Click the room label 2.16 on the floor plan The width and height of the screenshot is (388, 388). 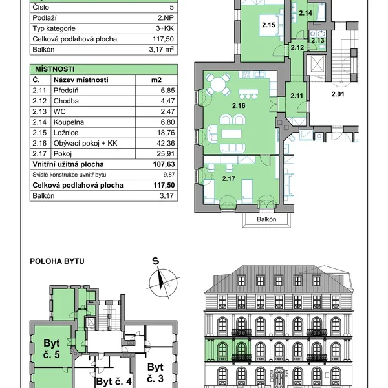pyautogui.click(x=239, y=106)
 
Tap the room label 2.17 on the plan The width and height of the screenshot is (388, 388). pyautogui.click(x=229, y=178)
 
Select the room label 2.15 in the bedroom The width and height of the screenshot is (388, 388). pyautogui.click(x=268, y=25)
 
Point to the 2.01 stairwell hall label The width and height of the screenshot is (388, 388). pyautogui.click(x=338, y=94)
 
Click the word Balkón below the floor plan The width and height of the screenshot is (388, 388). pyautogui.click(x=266, y=219)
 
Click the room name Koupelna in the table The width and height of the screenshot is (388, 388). pyautogui.click(x=69, y=122)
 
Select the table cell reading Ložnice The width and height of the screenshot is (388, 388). pyautogui.click(x=66, y=133)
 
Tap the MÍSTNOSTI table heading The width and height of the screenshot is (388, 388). pyautogui.click(x=55, y=69)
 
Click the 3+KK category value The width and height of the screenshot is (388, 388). pyautogui.click(x=165, y=28)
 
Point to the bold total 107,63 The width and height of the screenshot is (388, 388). pyautogui.click(x=164, y=164)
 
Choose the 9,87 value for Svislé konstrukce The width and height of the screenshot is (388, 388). pyautogui.click(x=169, y=175)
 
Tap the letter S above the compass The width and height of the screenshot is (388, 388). pyautogui.click(x=156, y=261)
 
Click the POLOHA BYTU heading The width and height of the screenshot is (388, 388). pyautogui.click(x=57, y=261)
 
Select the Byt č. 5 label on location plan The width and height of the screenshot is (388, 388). pyautogui.click(x=52, y=349)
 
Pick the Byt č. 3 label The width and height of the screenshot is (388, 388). pyautogui.click(x=155, y=373)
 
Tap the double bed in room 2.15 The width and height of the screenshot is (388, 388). pyautogui.click(x=271, y=25)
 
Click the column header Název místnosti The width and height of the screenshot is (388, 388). pyautogui.click(x=81, y=80)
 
